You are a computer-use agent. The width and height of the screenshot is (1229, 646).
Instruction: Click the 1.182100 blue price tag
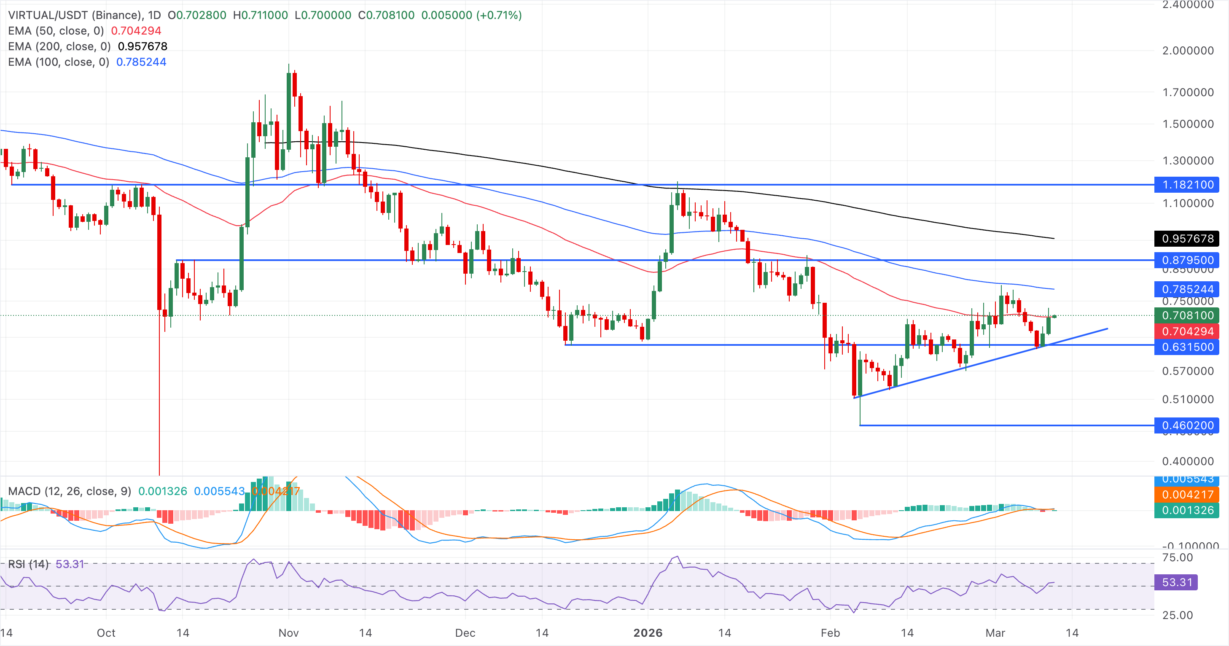1186,185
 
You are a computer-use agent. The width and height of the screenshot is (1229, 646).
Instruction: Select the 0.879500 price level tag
1186,260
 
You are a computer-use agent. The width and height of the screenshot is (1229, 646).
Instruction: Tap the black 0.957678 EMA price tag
1186,239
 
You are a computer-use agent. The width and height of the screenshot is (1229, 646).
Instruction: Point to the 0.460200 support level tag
1186,425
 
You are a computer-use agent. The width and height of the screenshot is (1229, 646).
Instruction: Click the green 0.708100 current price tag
1186,315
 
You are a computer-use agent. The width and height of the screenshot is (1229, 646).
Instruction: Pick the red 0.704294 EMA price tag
1186,331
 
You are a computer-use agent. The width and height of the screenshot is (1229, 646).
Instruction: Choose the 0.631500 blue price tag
1186,347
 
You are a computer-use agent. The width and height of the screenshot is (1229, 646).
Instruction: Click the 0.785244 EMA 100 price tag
1186,289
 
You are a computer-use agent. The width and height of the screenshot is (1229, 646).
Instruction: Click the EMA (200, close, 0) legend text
59,46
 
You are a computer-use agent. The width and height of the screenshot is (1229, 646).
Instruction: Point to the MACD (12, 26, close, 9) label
70,491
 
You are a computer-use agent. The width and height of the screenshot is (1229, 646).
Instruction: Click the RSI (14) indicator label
29,564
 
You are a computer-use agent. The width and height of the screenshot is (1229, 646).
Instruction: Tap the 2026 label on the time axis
648,633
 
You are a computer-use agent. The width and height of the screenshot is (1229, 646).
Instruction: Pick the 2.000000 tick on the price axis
1188,51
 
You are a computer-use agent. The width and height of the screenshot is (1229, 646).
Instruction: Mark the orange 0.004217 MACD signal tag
1186,494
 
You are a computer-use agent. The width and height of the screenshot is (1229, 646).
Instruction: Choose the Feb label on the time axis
830,633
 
